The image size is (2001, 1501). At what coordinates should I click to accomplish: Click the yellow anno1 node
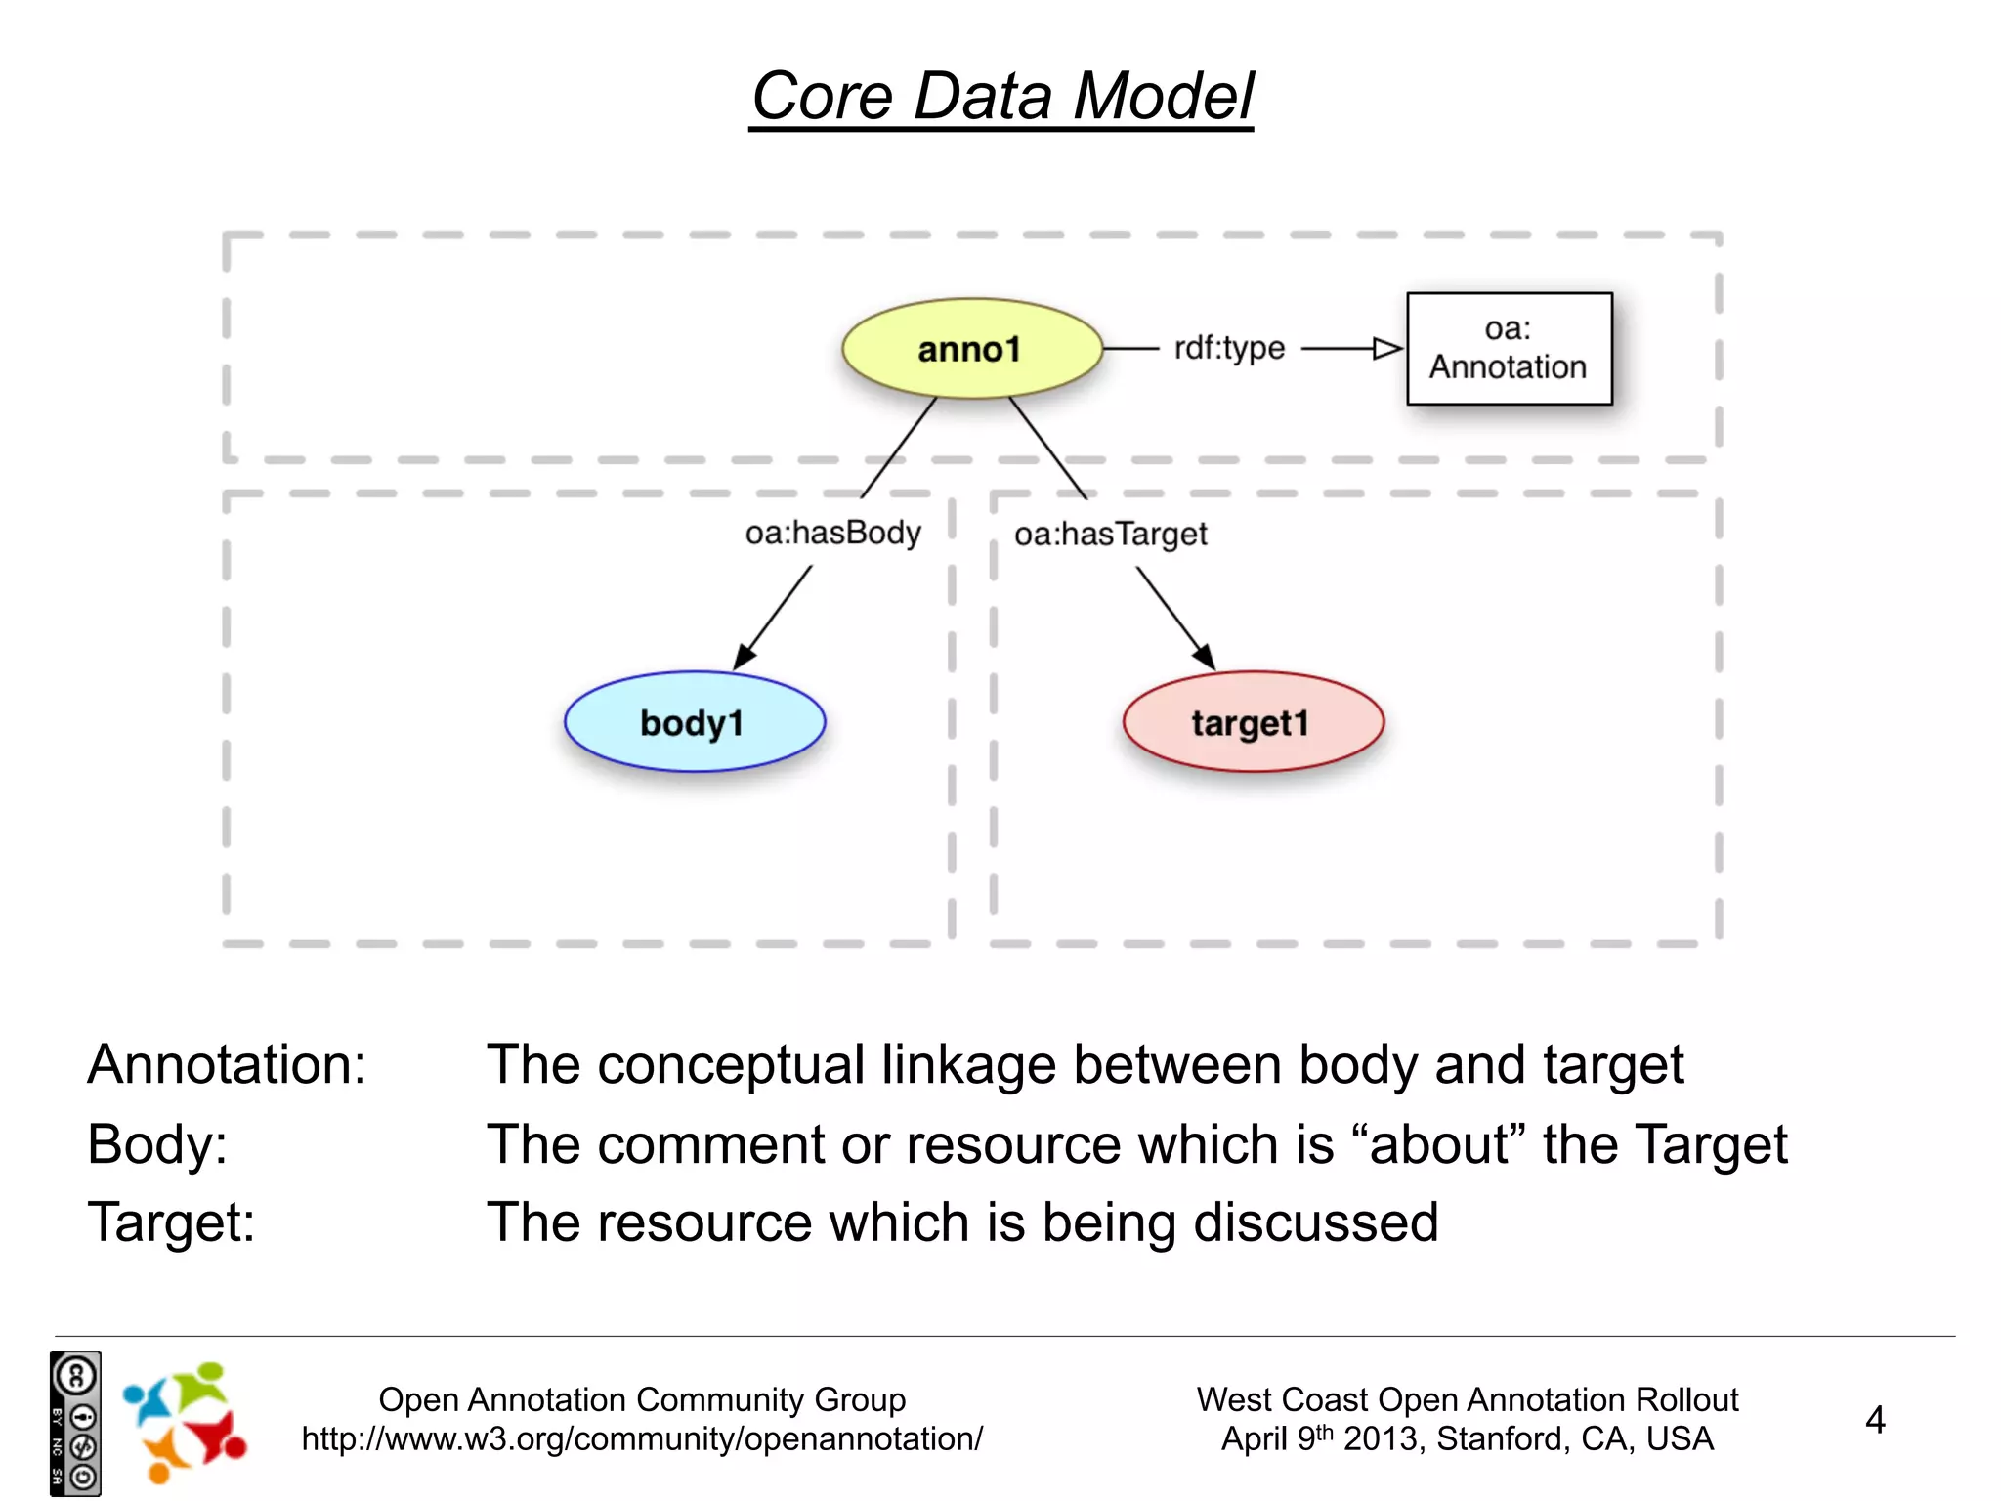[x=971, y=349]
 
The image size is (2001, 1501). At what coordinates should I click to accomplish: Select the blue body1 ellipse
[x=694, y=722]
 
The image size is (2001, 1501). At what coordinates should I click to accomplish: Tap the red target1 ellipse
[x=1253, y=722]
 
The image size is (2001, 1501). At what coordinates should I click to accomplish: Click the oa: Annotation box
[x=1509, y=349]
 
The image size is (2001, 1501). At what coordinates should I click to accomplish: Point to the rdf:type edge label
[x=1228, y=348]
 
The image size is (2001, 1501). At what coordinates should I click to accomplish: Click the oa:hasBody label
[x=832, y=534]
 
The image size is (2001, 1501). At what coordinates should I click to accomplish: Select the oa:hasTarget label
[x=1110, y=535]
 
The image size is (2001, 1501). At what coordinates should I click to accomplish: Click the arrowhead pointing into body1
[x=744, y=658]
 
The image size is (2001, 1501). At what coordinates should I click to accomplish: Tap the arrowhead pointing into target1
[x=1204, y=658]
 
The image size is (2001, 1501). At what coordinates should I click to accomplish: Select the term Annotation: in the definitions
[x=227, y=1064]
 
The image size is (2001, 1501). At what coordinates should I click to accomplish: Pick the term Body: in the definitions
[x=156, y=1144]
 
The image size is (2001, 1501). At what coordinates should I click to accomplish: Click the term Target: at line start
[x=171, y=1222]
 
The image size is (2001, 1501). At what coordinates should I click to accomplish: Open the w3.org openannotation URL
[x=642, y=1439]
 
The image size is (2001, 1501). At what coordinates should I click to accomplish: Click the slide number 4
[x=1874, y=1420]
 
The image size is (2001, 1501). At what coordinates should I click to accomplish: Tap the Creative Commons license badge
[x=75, y=1423]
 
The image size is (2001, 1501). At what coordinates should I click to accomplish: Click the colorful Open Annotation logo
[x=184, y=1423]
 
